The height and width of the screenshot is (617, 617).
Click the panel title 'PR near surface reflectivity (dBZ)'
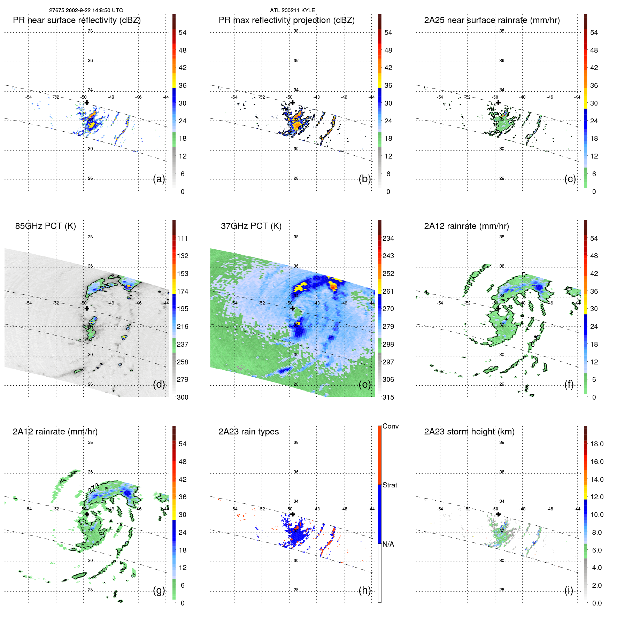point(77,20)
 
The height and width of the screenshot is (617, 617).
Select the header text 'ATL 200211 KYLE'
point(292,10)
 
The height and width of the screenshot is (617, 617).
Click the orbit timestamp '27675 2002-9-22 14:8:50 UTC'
point(86,10)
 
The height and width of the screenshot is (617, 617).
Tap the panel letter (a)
point(159,179)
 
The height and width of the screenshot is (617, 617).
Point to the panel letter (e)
point(365,385)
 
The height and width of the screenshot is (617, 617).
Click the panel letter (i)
point(569,590)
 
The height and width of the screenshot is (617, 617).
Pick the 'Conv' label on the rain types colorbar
point(391,426)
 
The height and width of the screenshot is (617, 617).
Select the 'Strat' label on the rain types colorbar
point(390,485)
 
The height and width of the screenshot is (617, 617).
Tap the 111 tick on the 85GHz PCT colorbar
point(183,238)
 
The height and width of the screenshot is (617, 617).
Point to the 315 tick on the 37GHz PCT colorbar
point(388,397)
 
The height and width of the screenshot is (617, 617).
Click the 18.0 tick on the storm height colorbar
point(597,444)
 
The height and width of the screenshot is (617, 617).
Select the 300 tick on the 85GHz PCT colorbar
point(183,397)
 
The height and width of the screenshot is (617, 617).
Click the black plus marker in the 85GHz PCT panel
point(87,308)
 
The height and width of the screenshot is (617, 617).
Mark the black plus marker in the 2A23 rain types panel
point(293,514)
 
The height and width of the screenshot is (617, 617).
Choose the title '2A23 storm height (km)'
point(469,432)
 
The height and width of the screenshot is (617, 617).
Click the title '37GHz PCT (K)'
point(251,226)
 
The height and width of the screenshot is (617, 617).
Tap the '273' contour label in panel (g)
point(93,488)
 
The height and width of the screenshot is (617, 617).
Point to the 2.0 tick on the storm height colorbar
point(597,585)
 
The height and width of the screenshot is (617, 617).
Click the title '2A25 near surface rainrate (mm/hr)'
point(492,20)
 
